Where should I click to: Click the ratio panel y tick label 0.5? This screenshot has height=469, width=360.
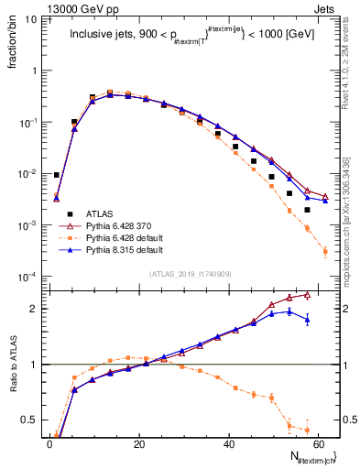(31, 421)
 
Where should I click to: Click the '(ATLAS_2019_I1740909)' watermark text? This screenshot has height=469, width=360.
(191, 274)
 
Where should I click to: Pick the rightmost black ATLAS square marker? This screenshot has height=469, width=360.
(307, 210)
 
